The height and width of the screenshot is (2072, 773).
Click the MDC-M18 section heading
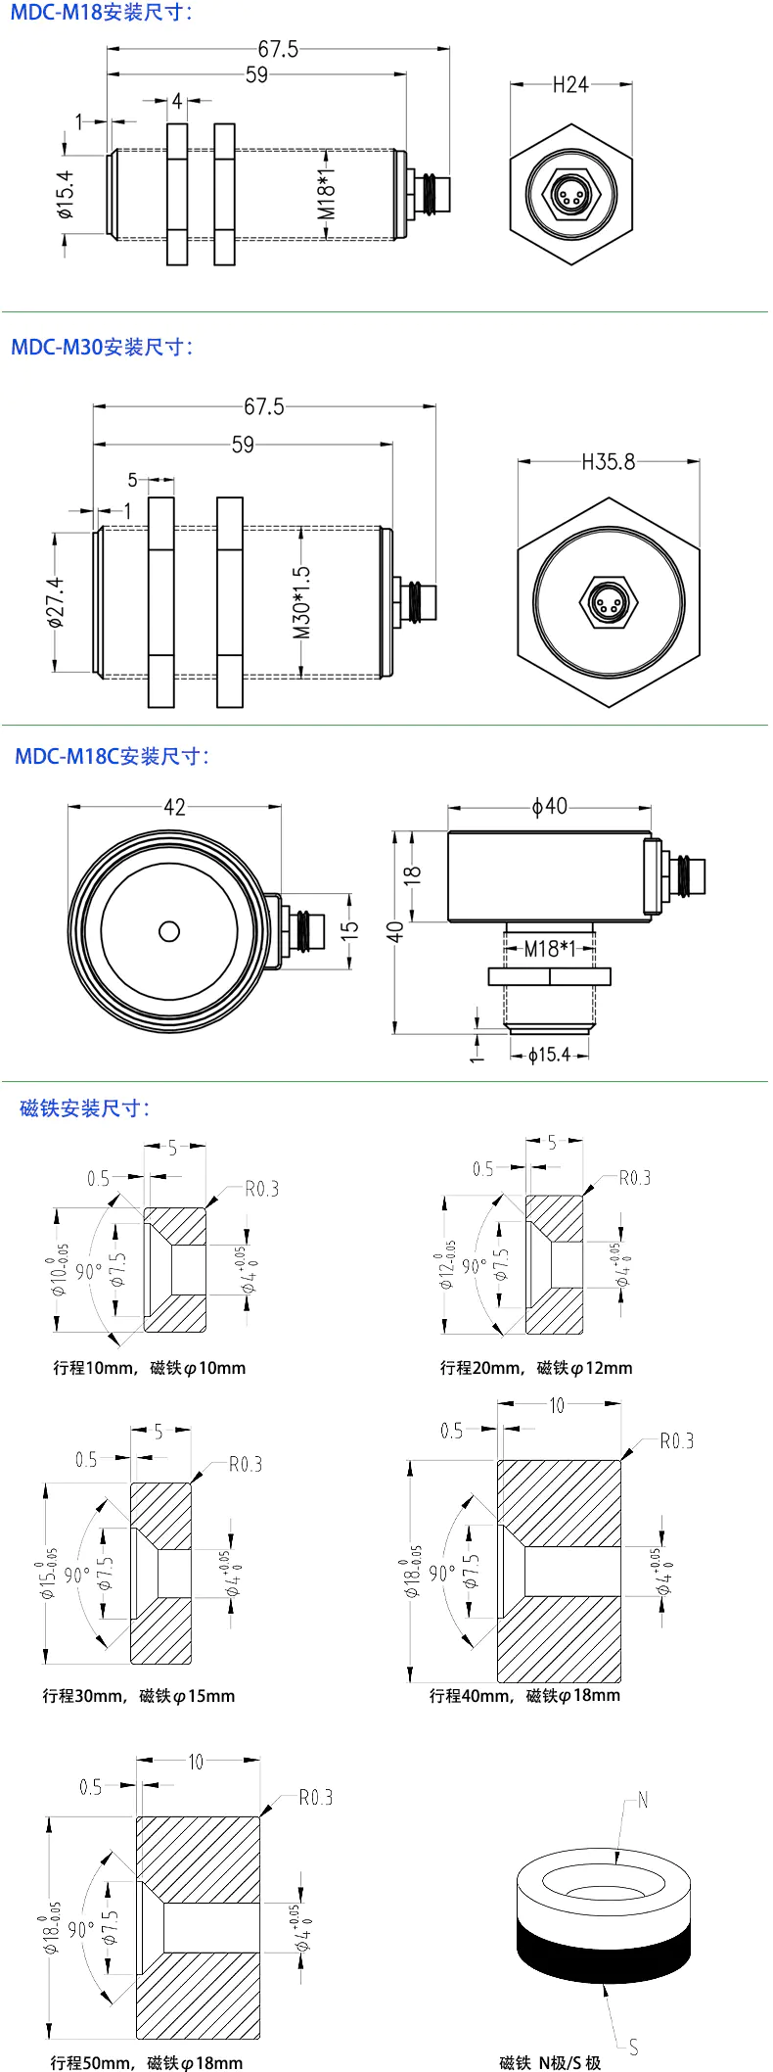click(x=102, y=14)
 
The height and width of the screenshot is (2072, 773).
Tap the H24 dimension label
click(x=570, y=85)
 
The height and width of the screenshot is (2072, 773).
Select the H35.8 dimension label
click(x=608, y=461)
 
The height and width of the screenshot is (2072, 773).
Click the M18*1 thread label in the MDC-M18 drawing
click(x=327, y=192)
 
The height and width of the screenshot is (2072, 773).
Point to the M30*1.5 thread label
click(x=301, y=602)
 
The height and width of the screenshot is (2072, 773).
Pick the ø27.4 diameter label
click(x=56, y=602)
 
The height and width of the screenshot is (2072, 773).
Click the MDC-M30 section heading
click(x=102, y=347)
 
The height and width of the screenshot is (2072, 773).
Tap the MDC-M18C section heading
click(x=112, y=756)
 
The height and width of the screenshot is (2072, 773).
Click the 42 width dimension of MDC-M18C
click(x=174, y=807)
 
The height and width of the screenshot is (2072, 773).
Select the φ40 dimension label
click(x=549, y=806)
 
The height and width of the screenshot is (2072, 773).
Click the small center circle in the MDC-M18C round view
click(x=169, y=930)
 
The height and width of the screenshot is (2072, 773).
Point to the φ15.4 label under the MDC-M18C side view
click(x=548, y=1055)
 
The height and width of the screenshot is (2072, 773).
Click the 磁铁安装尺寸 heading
click(x=84, y=1107)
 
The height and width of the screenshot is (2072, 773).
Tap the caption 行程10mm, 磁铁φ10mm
click(x=149, y=1368)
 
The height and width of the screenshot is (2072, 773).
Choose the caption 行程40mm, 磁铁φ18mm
click(x=524, y=1695)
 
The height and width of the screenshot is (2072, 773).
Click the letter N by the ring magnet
click(x=643, y=1800)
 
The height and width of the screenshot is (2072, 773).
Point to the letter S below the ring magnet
click(x=634, y=2047)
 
